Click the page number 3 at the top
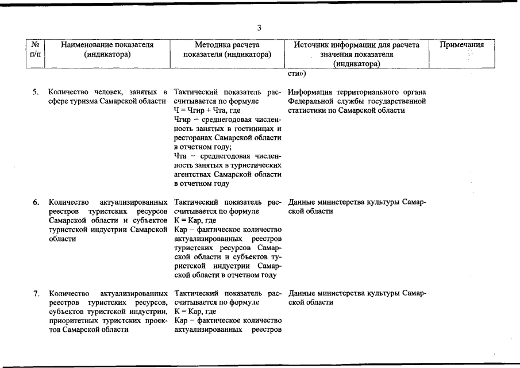[x=260, y=28]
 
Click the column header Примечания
[x=461, y=45]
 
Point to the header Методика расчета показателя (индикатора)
[x=227, y=49]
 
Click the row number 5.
[x=36, y=92]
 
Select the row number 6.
[x=36, y=202]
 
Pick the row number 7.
[x=36, y=294]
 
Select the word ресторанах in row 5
[x=194, y=138]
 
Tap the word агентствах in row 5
[x=192, y=174]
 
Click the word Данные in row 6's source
[x=302, y=202]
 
